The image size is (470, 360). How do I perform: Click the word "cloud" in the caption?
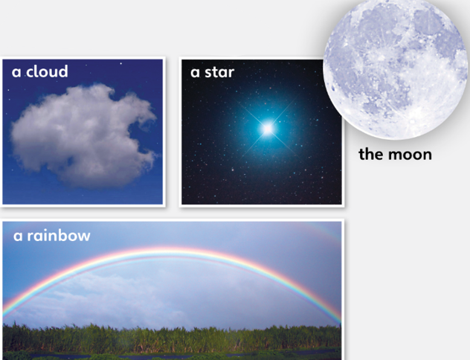[47, 71]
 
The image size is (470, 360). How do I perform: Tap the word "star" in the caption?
[219, 72]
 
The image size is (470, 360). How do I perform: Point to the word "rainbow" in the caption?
[59, 236]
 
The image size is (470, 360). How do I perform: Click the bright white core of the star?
[268, 129]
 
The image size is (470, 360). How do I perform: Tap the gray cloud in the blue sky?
[83, 135]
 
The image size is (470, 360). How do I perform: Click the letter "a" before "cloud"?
[16, 73]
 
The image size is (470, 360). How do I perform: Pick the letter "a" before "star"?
[195, 73]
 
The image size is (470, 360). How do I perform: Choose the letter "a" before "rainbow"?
[18, 237]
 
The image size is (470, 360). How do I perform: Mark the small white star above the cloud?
[121, 63]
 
